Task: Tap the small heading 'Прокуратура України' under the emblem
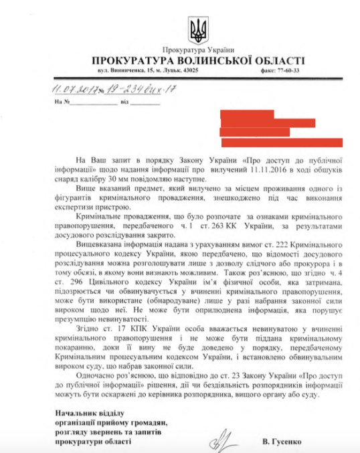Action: (x=199, y=50)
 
